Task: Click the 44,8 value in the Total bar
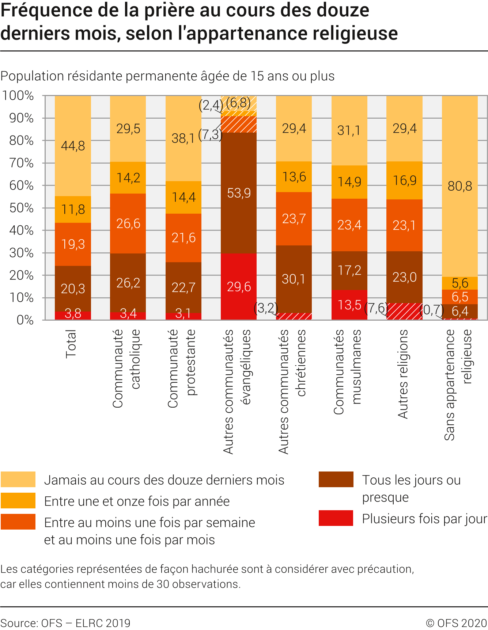point(73,146)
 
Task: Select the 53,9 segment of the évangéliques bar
point(239,193)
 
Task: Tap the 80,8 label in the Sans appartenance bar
point(459,186)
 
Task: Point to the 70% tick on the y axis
point(22,163)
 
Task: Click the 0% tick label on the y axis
point(25,320)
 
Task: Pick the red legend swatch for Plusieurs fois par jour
point(336,518)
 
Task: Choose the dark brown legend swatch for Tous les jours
point(336,480)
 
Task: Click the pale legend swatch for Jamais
point(18,480)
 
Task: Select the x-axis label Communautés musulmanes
point(347,372)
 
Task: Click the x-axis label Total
point(71,344)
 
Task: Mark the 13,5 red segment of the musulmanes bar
point(349,305)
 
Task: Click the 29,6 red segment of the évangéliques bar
point(239,287)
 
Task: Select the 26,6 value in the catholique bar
point(128,224)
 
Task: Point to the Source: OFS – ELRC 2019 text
point(65,623)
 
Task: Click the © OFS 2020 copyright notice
point(456,623)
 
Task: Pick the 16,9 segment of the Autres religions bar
point(404,180)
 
